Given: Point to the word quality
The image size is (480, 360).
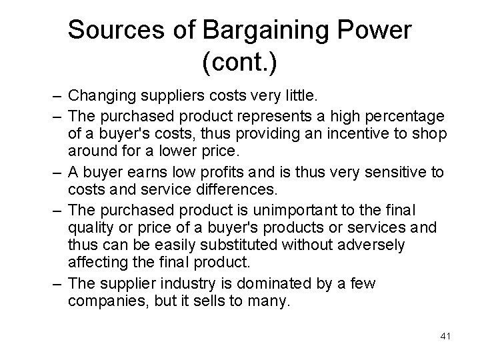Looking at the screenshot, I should pyautogui.click(x=91, y=227).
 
